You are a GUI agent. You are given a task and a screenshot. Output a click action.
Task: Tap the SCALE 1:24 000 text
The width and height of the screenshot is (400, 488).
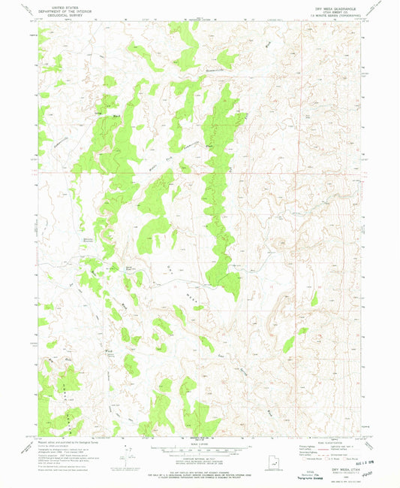[199, 441]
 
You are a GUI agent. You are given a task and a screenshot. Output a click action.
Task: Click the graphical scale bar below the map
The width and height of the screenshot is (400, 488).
[199, 448]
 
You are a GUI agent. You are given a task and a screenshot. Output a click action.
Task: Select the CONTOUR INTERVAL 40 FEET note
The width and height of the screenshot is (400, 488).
[199, 457]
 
